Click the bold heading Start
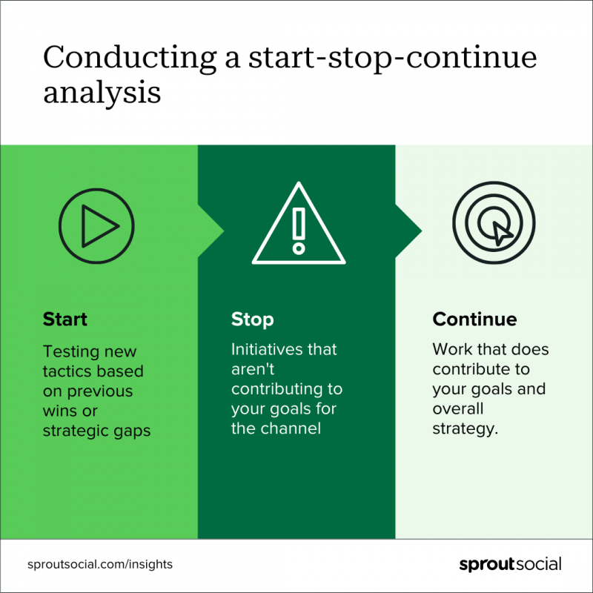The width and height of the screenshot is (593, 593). (65, 319)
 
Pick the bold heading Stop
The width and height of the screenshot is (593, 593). (253, 320)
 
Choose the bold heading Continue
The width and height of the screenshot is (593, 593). (474, 319)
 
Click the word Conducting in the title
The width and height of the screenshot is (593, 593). (130, 58)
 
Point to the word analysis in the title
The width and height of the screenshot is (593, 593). (102, 93)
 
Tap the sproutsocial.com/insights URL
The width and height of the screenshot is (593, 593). (100, 564)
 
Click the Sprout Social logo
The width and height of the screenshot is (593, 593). (510, 564)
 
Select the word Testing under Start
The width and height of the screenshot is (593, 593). (71, 352)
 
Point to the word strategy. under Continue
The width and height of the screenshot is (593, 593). (466, 429)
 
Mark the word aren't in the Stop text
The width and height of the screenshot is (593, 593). (253, 369)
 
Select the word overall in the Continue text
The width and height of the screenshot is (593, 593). (458, 409)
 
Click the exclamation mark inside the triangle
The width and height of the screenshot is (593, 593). (299, 231)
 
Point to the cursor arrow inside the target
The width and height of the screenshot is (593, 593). (503, 233)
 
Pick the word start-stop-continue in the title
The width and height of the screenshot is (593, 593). (393, 59)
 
